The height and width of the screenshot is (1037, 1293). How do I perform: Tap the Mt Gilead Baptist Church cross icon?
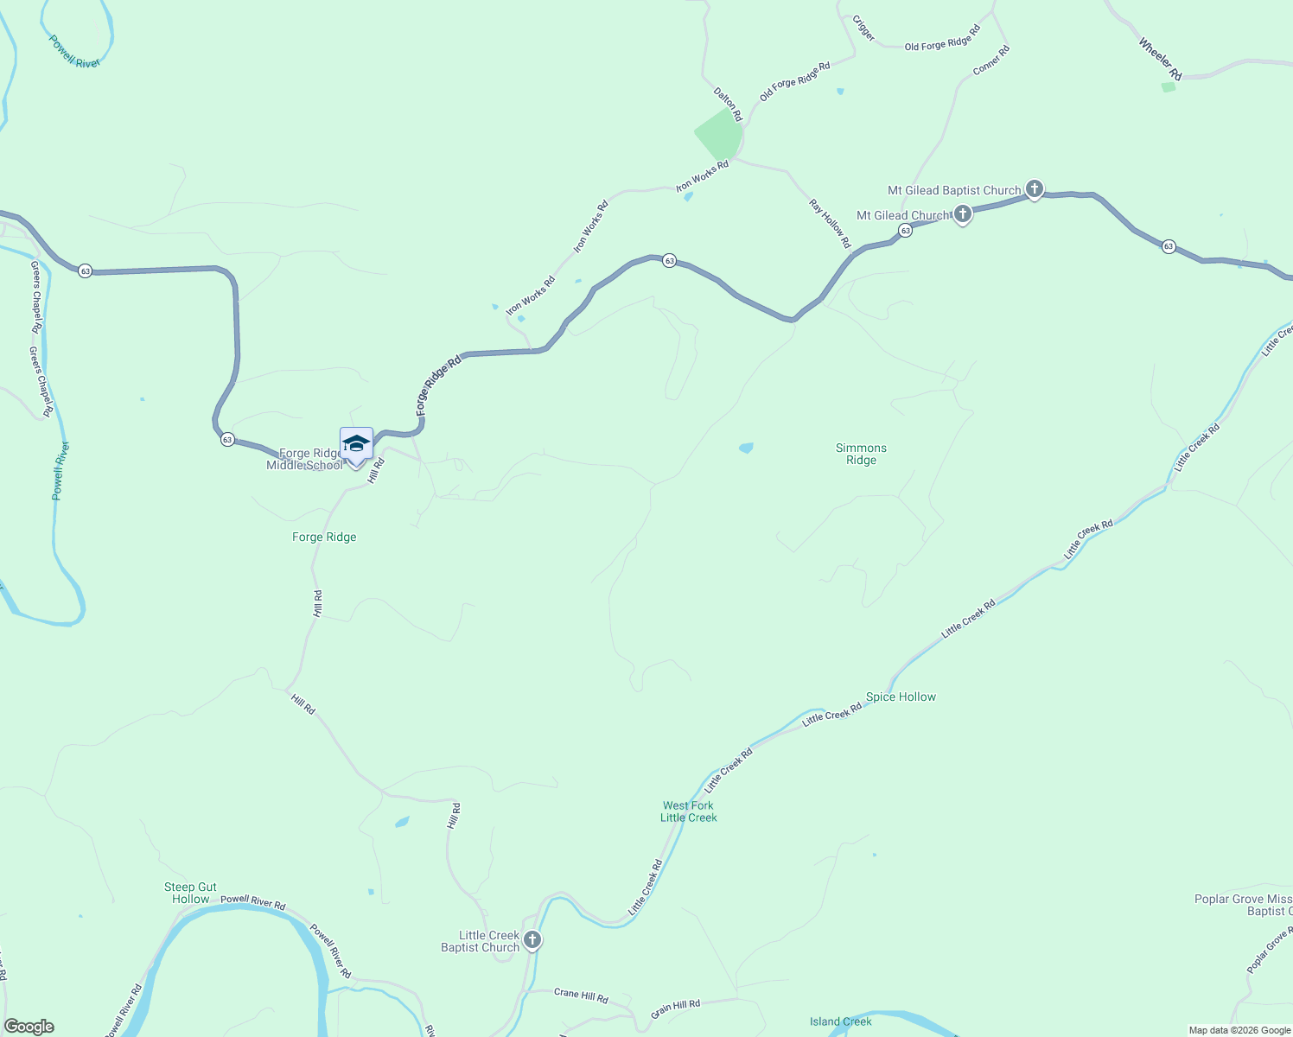pos(1034,189)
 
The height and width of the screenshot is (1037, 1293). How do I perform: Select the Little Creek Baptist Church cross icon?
pos(532,940)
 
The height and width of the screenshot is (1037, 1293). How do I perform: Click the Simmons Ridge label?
pos(861,454)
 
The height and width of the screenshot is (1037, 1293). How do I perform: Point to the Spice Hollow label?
pos(901,697)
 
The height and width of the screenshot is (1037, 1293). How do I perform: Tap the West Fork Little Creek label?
pos(689,811)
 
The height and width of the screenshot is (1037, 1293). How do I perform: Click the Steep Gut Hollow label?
pos(190,893)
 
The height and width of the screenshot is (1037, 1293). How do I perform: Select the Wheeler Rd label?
pos(1160,59)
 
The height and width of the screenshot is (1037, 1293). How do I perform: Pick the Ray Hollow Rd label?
pos(830,224)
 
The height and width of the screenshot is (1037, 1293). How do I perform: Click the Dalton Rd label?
pos(728,104)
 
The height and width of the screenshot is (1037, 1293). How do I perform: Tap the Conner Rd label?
pos(991,60)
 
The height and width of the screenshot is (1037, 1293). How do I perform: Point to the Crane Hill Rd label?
pos(581,995)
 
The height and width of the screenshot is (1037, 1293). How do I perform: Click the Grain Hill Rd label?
pos(676,1008)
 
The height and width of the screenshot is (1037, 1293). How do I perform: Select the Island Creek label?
pos(840,1021)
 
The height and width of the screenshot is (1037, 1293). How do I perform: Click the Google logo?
pos(29,1027)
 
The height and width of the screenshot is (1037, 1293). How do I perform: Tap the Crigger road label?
pos(863,29)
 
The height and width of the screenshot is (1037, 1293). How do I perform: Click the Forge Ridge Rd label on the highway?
pos(438,385)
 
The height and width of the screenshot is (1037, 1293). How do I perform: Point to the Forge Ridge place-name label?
pos(324,537)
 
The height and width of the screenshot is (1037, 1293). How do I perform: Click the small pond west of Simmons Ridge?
pos(746,448)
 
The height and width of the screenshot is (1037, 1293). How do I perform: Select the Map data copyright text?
pos(1239,1030)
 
